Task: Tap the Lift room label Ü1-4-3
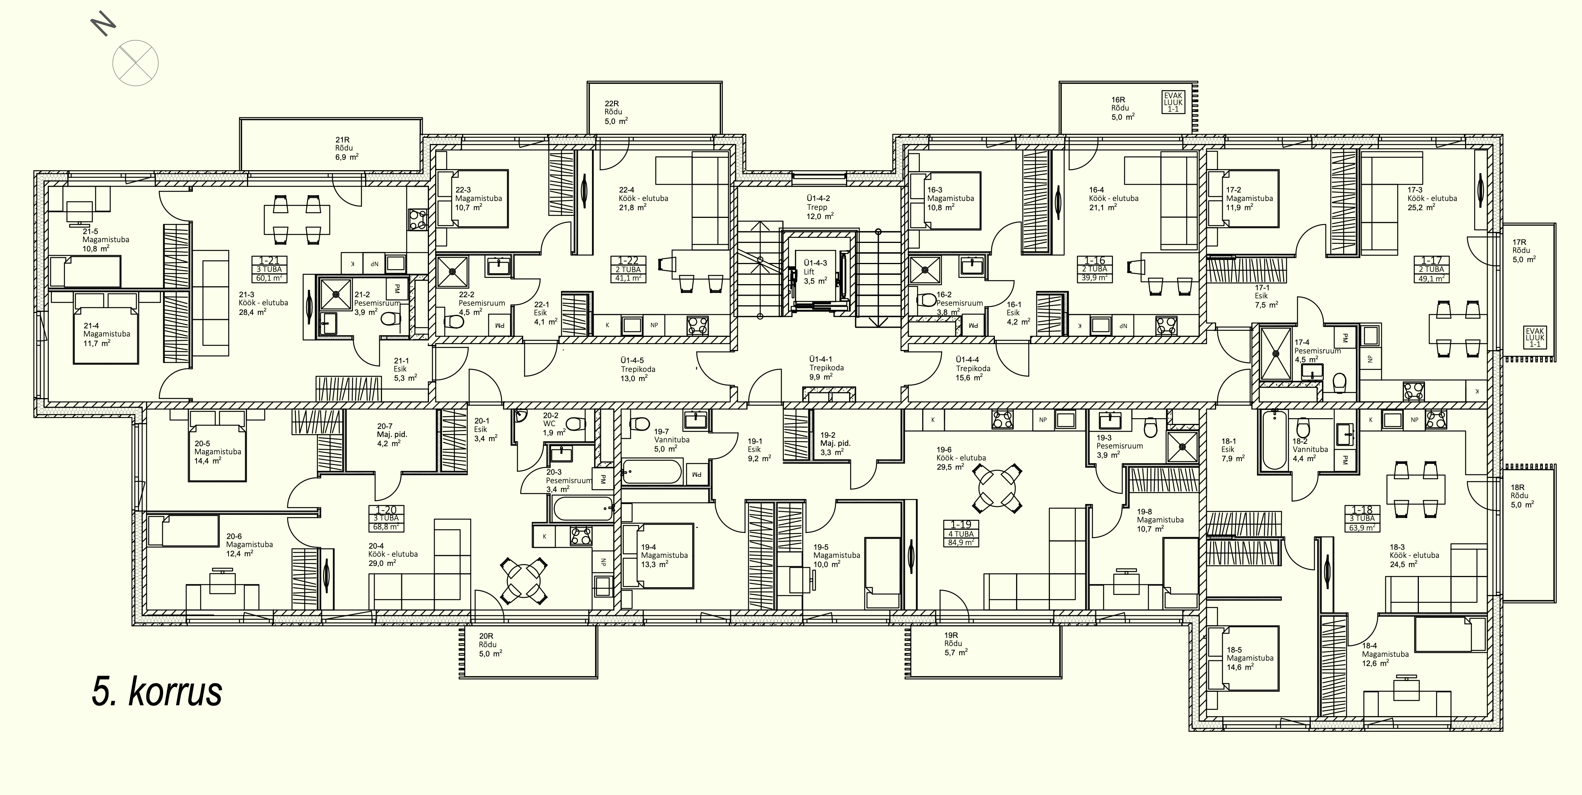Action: pyautogui.click(x=816, y=271)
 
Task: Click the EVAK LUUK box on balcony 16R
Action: pyautogui.click(x=1173, y=102)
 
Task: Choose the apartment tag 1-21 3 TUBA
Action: pyautogui.click(x=269, y=269)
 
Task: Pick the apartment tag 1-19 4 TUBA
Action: pyautogui.click(x=961, y=533)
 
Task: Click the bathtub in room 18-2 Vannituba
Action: pyautogui.click(x=1275, y=440)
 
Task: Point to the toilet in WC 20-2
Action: pyautogui.click(x=576, y=424)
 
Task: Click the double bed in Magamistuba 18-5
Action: pyautogui.click(x=1243, y=658)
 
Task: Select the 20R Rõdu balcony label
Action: pyautogui.click(x=490, y=644)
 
